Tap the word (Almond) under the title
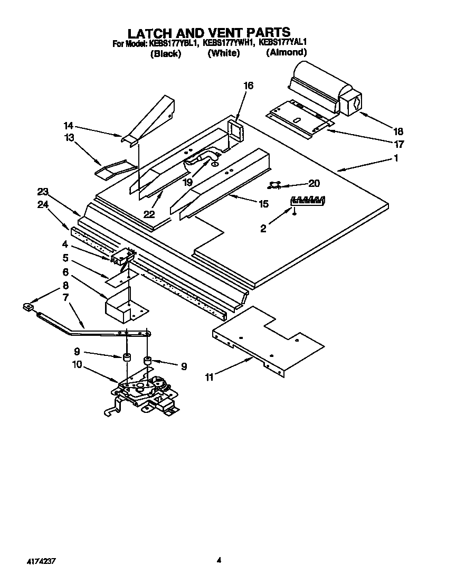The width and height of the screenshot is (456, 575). [x=286, y=52]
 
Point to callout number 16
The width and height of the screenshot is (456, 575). [x=248, y=86]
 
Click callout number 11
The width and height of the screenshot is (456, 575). [x=210, y=378]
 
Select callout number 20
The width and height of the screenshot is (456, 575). [x=313, y=184]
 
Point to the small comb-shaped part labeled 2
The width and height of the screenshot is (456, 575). [x=308, y=201]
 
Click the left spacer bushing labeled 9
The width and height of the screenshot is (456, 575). [x=127, y=358]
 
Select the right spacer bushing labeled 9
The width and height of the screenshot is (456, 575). [x=147, y=361]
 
